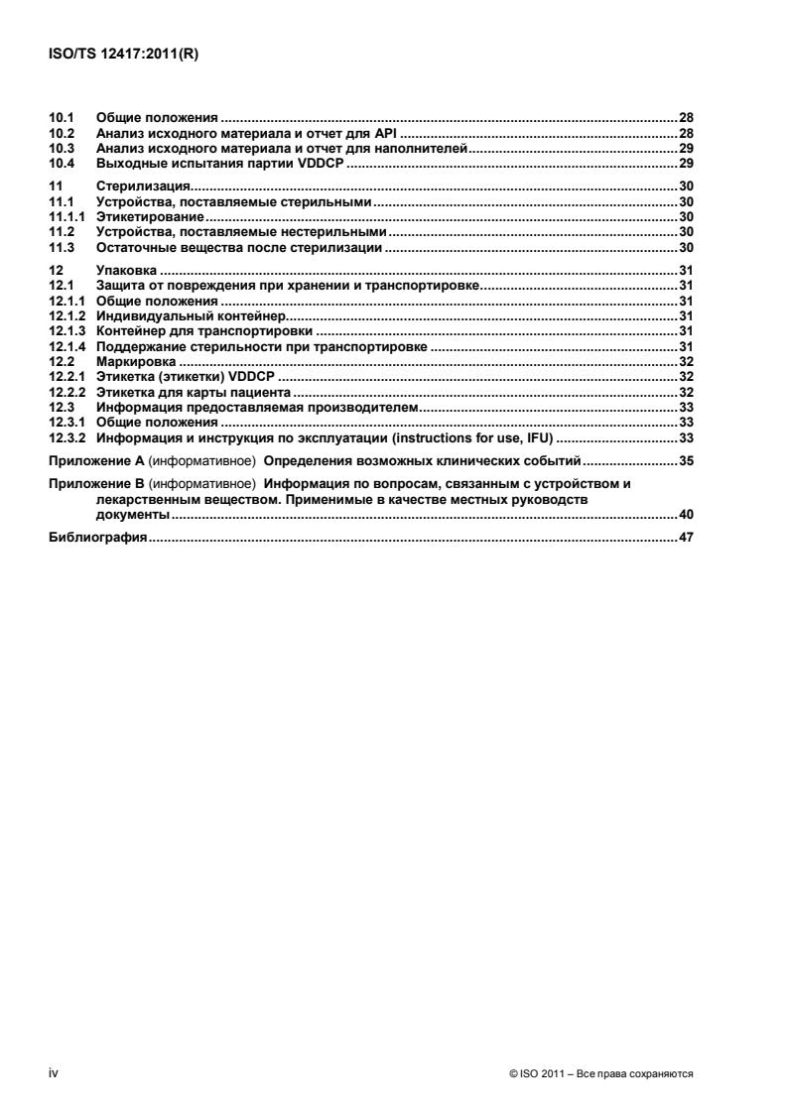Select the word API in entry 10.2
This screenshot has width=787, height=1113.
coord(386,132)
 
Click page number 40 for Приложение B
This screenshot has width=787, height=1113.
coord(685,514)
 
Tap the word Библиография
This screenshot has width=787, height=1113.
coord(98,538)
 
